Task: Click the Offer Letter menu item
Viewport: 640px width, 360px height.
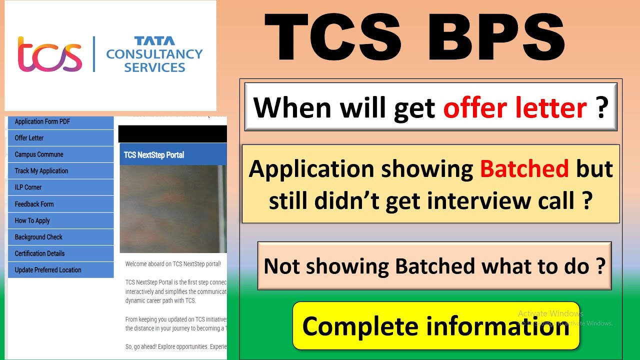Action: click(x=29, y=138)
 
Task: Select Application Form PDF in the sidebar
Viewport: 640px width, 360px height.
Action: click(x=42, y=121)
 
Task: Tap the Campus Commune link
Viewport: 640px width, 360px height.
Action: click(x=39, y=154)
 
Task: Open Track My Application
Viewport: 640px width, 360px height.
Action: click(x=41, y=171)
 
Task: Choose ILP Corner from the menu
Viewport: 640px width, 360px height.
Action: click(x=28, y=187)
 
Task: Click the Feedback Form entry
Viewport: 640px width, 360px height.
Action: click(x=34, y=204)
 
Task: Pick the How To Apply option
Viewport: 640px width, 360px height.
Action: click(x=32, y=220)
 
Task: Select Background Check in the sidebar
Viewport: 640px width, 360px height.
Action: click(x=38, y=237)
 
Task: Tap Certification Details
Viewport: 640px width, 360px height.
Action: click(x=39, y=253)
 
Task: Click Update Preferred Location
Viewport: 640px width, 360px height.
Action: click(x=48, y=270)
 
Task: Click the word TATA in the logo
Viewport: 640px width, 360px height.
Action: click(x=154, y=41)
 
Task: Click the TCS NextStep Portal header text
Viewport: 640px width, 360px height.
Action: click(x=154, y=155)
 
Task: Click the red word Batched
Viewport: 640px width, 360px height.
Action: click(x=524, y=169)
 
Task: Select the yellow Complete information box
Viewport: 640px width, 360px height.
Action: click(x=435, y=325)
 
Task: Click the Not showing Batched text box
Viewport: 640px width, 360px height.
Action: click(x=434, y=266)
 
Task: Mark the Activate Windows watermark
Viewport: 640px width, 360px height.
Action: click(x=550, y=313)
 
